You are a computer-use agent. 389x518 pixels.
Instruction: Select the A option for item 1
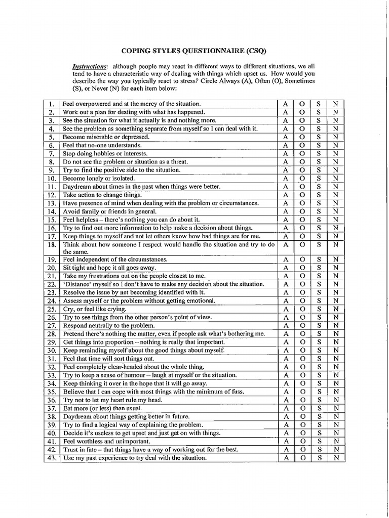pos(286,104)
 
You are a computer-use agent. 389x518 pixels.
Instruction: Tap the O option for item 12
pos(302,195)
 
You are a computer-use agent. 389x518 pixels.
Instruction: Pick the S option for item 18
pos(319,244)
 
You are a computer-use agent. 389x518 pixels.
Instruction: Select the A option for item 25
pos(286,309)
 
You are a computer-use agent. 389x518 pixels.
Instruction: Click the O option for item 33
pos(302,375)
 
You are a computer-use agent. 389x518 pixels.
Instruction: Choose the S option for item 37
pos(319,408)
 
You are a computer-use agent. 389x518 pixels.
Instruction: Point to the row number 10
pos(52,178)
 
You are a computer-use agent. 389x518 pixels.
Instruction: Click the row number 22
pos(52,284)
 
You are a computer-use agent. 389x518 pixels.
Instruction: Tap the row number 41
pos(52,441)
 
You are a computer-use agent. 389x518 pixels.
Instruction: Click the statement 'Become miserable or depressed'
pos(106,137)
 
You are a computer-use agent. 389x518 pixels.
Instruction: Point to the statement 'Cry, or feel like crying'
pos(95,309)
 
